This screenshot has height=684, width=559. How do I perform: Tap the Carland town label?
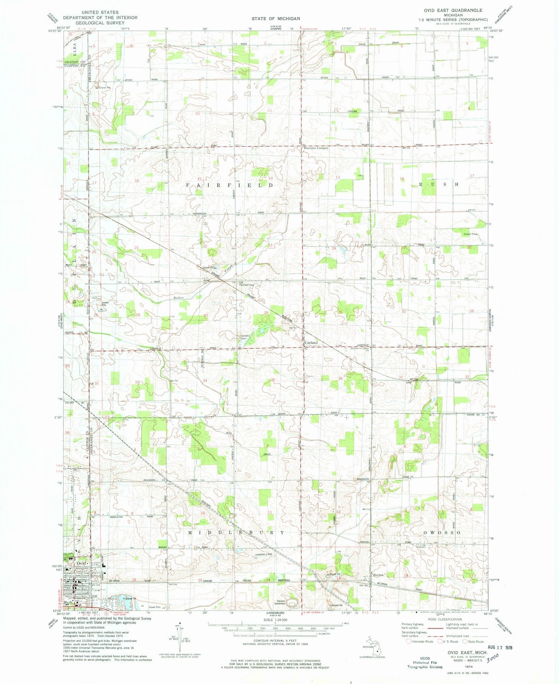pyautogui.click(x=311, y=343)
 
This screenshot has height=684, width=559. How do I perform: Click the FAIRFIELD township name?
pyautogui.click(x=229, y=185)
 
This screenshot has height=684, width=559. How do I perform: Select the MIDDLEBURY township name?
pyautogui.click(x=236, y=533)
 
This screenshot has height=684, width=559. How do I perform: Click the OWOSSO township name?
pyautogui.click(x=441, y=533)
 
